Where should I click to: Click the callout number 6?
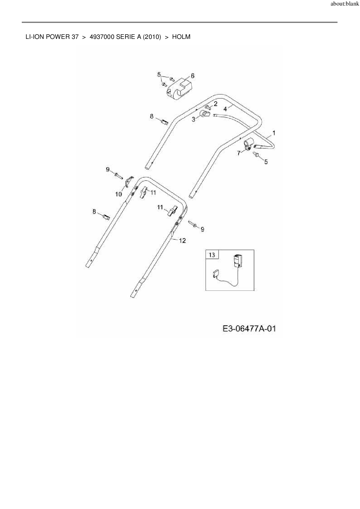[x=192, y=76]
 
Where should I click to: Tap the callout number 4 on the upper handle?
[x=225, y=109]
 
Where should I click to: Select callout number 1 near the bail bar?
[x=274, y=133]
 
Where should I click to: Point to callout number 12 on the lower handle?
[x=182, y=241]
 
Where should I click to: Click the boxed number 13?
[x=212, y=255]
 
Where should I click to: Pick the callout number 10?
[x=118, y=194]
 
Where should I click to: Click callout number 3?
[x=194, y=119]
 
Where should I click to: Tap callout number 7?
[x=239, y=153]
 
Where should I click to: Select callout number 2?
[x=215, y=104]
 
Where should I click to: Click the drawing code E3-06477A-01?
[x=249, y=328]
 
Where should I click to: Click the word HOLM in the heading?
[x=181, y=37]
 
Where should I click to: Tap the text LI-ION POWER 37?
[x=52, y=37]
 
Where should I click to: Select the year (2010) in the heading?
[x=152, y=37]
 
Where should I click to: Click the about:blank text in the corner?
[x=345, y=4]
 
